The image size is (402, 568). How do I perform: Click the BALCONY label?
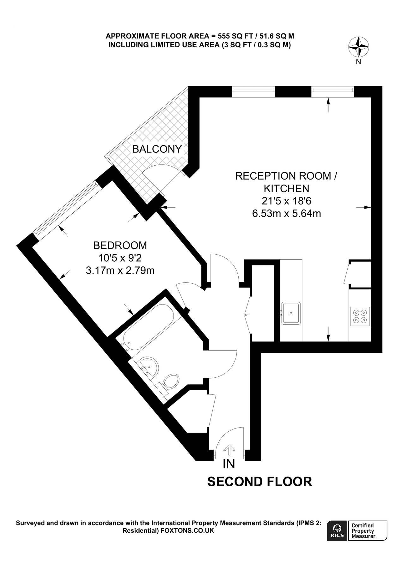(157, 149)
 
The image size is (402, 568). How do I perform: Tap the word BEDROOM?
(120, 245)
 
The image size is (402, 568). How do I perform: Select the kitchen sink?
(291, 313)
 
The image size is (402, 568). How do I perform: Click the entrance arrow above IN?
(229, 449)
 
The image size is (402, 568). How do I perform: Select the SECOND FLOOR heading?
(259, 482)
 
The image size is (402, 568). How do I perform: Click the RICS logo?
(337, 530)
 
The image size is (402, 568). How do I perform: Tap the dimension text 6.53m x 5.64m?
(286, 214)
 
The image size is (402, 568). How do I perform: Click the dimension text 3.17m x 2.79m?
(120, 270)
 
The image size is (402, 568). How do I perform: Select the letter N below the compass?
(358, 62)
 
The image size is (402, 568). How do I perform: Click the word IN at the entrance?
(229, 464)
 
